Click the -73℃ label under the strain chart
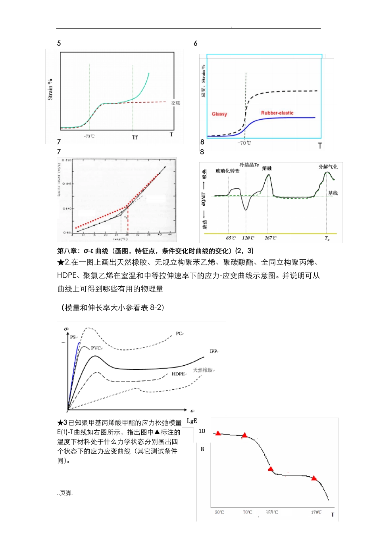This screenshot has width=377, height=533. pyautogui.click(x=89, y=136)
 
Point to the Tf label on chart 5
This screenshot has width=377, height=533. pyautogui.click(x=135, y=137)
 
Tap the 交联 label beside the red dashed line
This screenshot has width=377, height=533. pyautogui.click(x=176, y=103)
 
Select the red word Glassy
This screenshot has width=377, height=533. pyautogui.click(x=219, y=114)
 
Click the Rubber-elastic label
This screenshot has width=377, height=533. pyautogui.click(x=277, y=113)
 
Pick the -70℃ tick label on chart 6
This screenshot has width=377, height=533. pyautogui.click(x=244, y=143)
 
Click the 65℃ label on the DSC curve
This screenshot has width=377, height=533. pyautogui.click(x=231, y=238)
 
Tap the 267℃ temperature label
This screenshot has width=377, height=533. pyautogui.click(x=270, y=238)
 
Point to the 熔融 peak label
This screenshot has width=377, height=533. pyautogui.click(x=267, y=168)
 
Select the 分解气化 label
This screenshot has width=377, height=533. pyautogui.click(x=328, y=167)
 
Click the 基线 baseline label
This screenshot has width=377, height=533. pyautogui.click(x=333, y=193)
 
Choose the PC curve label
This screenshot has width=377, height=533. pyautogui.click(x=179, y=334)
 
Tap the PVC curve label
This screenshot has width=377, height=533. pyautogui.click(x=96, y=348)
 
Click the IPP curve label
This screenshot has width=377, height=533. pyautogui.click(x=214, y=351)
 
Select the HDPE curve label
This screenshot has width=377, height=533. pyautogui.click(x=179, y=374)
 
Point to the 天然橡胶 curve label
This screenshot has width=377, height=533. pyautogui.click(x=204, y=370)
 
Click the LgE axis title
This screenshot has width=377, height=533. pyautogui.click(x=192, y=421)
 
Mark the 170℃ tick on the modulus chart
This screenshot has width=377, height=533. pyautogui.click(x=316, y=512)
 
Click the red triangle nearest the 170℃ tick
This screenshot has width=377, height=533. pyautogui.click(x=314, y=478)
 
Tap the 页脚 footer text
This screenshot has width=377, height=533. pyautogui.click(x=65, y=493)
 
